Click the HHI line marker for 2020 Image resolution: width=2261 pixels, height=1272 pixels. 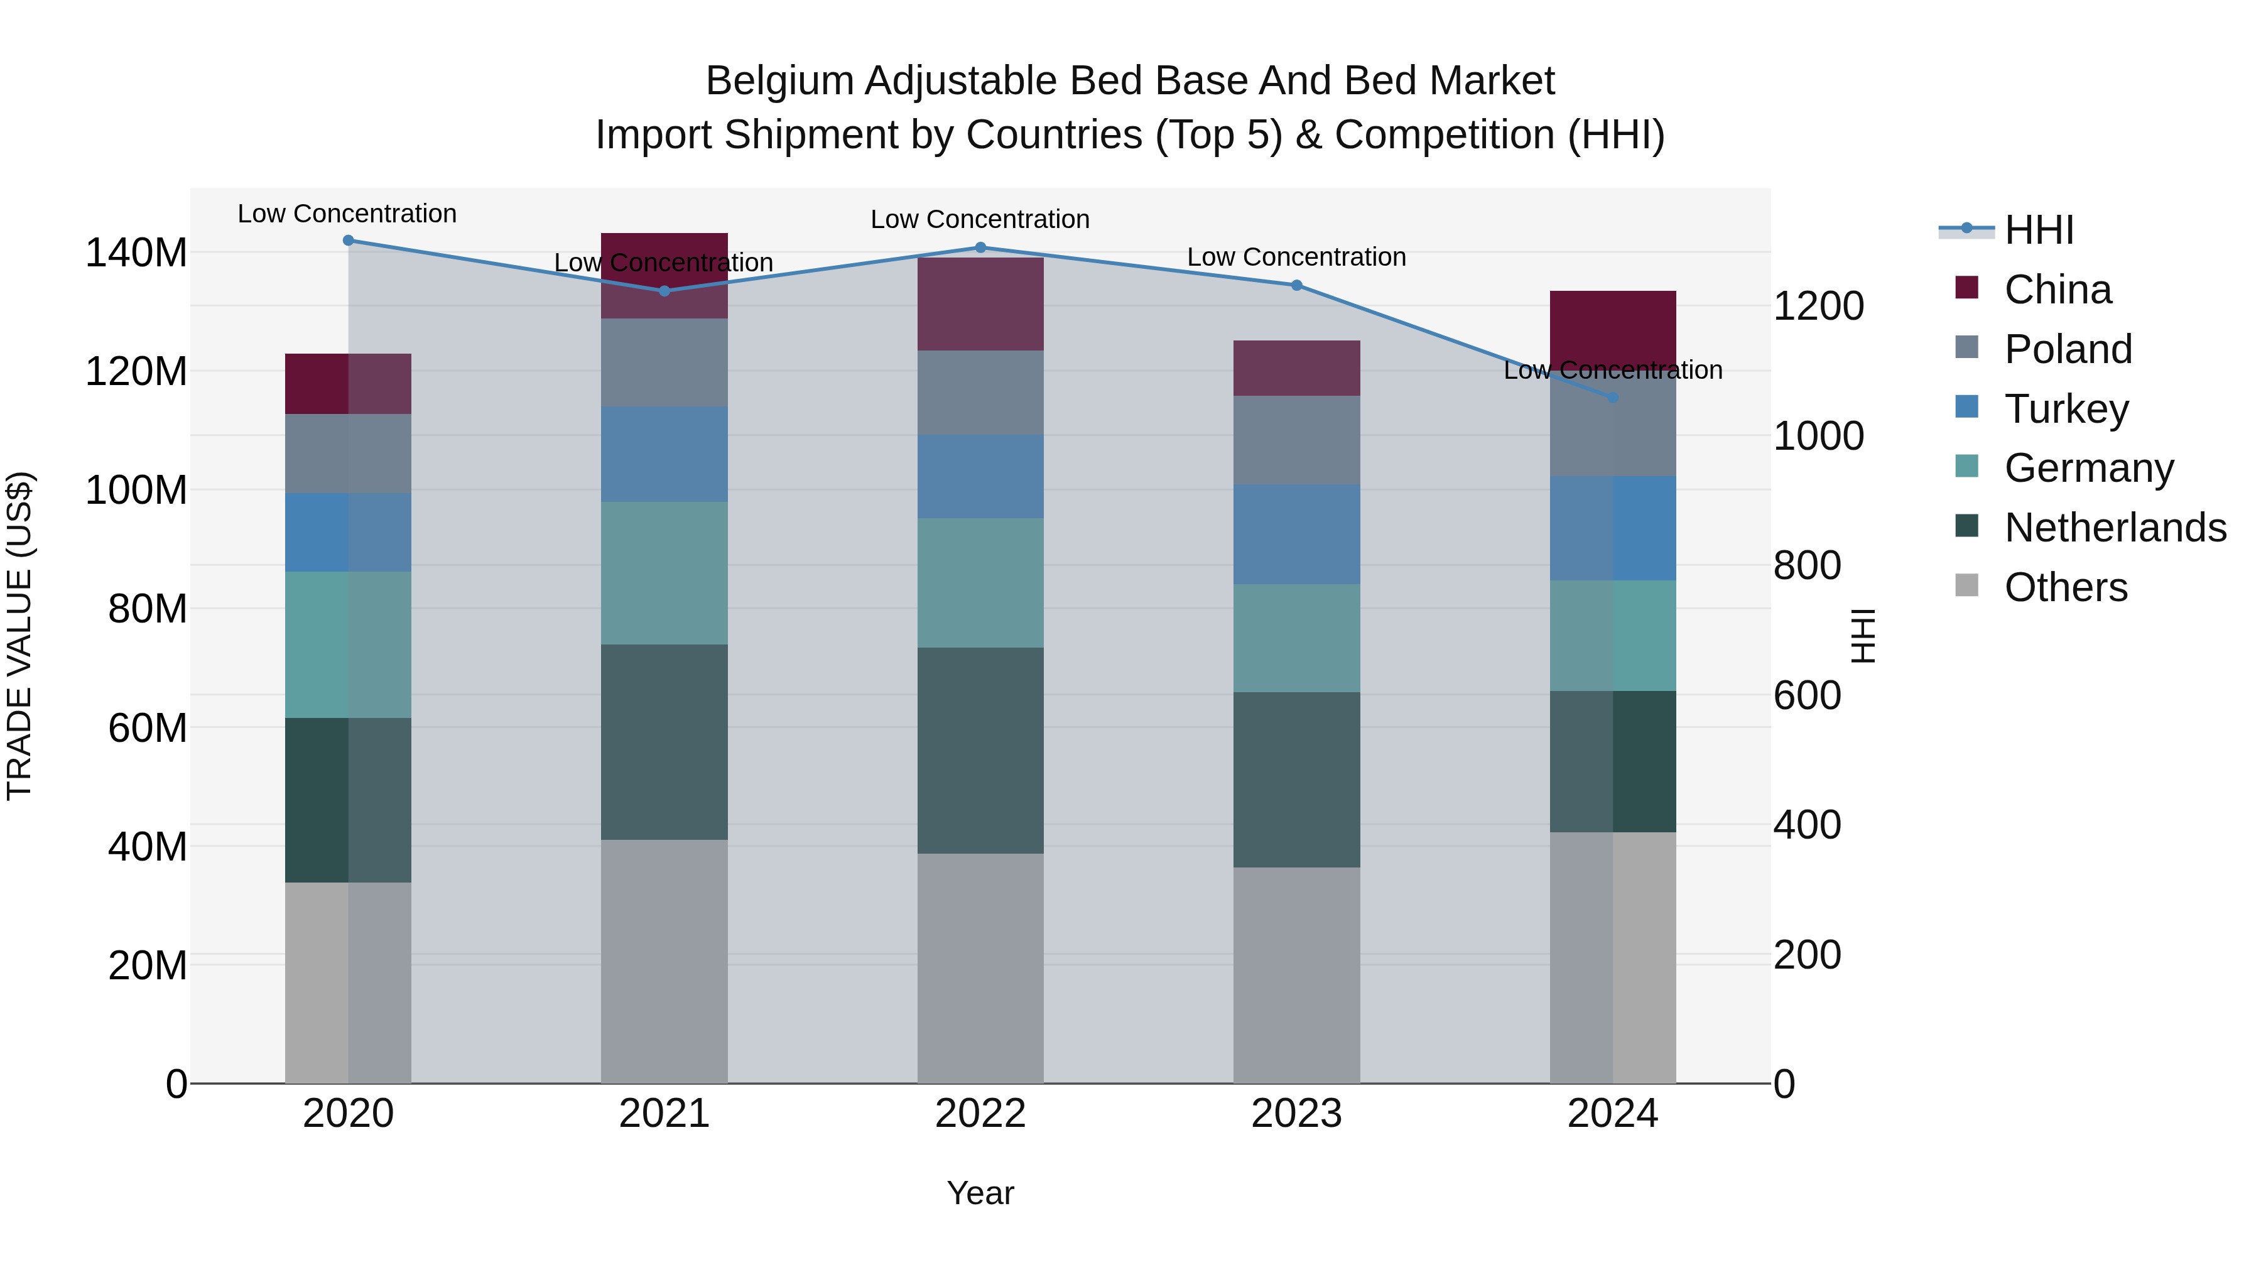click(349, 240)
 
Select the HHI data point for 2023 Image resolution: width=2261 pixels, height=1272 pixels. click(1296, 285)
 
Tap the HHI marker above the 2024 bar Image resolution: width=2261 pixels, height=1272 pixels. click(1612, 398)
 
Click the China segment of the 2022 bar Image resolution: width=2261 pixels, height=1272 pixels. click(980, 304)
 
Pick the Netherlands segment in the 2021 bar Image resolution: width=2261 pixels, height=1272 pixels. click(664, 742)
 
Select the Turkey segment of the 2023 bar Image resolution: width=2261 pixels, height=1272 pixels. click(1296, 534)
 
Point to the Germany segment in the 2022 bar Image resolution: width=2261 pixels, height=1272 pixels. click(980, 583)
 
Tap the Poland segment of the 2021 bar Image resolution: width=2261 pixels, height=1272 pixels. click(664, 362)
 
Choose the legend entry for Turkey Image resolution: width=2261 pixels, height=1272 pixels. click(2066, 408)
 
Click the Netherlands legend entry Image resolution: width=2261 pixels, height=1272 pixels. click(2115, 528)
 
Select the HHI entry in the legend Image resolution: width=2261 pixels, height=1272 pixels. click(2039, 230)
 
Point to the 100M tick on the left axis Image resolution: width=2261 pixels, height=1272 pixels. click(136, 490)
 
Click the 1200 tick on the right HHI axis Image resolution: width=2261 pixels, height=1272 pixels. click(1818, 307)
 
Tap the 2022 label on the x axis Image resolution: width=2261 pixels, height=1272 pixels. click(980, 1114)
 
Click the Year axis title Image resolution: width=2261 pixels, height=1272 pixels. click(980, 1193)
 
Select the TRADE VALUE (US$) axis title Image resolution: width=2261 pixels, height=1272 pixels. click(19, 636)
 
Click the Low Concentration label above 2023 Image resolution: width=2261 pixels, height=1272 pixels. click(1296, 257)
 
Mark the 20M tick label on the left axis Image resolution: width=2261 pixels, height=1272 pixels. click(148, 965)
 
